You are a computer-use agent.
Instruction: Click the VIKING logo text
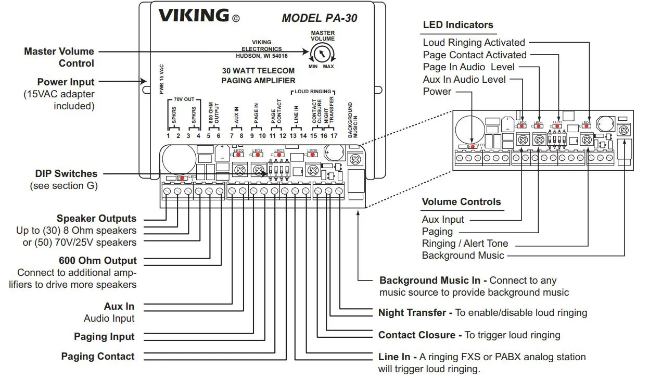pos(194,16)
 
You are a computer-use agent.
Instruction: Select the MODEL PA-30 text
pos(319,18)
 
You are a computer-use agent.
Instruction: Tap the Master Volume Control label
pos(59,57)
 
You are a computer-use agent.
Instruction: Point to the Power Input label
pos(66,82)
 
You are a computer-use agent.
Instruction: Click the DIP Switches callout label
pos(66,173)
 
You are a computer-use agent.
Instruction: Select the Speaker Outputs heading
pos(96,219)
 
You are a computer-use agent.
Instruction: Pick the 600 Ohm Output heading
pos(98,260)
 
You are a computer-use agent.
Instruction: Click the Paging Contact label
pos(98,357)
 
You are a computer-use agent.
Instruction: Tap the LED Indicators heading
pos(457,24)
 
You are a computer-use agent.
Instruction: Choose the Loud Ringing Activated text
pos(474,43)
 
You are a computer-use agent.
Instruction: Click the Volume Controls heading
pos(461,202)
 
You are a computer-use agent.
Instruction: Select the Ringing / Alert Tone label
pos(465,243)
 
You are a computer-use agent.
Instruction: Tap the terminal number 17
pos(334,136)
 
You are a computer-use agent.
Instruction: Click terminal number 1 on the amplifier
pos(168,136)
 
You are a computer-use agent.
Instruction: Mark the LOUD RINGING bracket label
pos(312,92)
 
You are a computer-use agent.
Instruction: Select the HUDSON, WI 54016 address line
pos(261,55)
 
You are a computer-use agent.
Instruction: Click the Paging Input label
pos(104,337)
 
